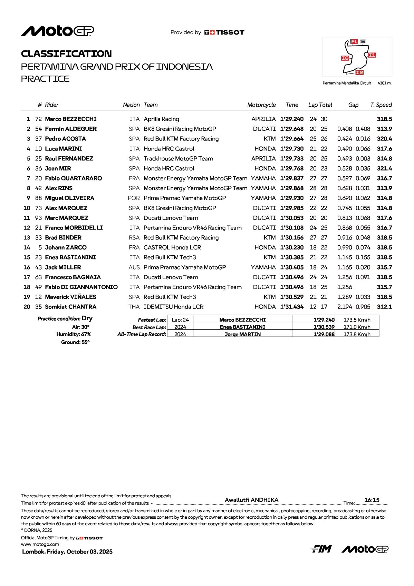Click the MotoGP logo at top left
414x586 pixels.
click(57, 31)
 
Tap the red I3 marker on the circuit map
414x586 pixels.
click(345, 58)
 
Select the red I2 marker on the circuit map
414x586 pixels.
click(359, 72)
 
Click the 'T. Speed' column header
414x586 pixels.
click(381, 105)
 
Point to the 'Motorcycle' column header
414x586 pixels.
click(261, 105)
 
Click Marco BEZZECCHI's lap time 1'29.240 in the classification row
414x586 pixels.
click(292, 119)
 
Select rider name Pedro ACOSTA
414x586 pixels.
click(65, 139)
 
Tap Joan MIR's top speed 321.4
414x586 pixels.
click(384, 168)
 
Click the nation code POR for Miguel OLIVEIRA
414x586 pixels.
click(134, 198)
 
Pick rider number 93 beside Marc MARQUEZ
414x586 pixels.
click(38, 218)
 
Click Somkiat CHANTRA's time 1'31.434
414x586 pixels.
click(292, 307)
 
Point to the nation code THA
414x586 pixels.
click(134, 307)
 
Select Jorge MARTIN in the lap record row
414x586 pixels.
click(242, 334)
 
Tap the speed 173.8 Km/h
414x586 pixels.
click(357, 334)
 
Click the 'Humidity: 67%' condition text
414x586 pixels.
click(74, 334)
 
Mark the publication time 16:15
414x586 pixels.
click(372, 500)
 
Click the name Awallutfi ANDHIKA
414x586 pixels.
click(251, 500)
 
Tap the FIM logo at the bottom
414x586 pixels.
click(321, 549)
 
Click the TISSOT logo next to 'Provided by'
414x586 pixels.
click(224, 32)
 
